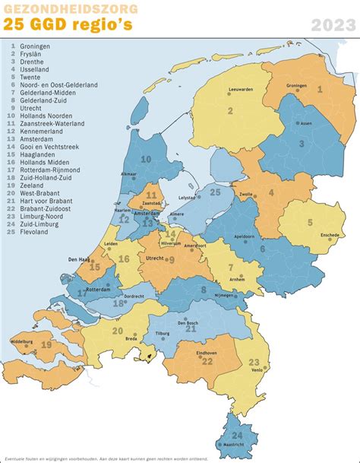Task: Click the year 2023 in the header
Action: click(x=332, y=26)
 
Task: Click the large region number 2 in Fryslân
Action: click(x=230, y=112)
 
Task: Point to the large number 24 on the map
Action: click(x=237, y=436)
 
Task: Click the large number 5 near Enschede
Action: click(x=309, y=223)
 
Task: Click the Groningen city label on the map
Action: click(x=297, y=85)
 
